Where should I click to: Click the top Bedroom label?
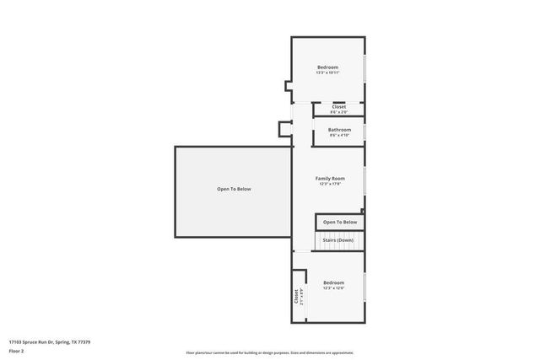pyautogui.click(x=327, y=67)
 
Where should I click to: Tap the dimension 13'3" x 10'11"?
pyautogui.click(x=327, y=73)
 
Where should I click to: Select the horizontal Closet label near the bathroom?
pyautogui.click(x=338, y=106)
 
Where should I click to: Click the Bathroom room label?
pyautogui.click(x=339, y=129)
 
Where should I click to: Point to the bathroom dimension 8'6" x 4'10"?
pyautogui.click(x=339, y=135)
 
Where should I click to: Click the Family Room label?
pyautogui.click(x=330, y=179)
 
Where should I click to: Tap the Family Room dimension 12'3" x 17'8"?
pyautogui.click(x=330, y=185)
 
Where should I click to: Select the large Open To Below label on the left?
pyautogui.click(x=234, y=189)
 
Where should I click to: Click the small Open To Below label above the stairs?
pyautogui.click(x=340, y=222)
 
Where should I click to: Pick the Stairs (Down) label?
pyautogui.click(x=339, y=240)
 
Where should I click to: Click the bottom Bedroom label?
pyautogui.click(x=333, y=282)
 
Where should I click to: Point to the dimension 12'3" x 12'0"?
pyautogui.click(x=333, y=288)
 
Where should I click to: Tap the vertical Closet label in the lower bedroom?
pyautogui.click(x=297, y=297)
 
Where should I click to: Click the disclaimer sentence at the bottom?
pyautogui.click(x=269, y=352)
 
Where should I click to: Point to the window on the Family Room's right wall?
pyautogui.click(x=364, y=181)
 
